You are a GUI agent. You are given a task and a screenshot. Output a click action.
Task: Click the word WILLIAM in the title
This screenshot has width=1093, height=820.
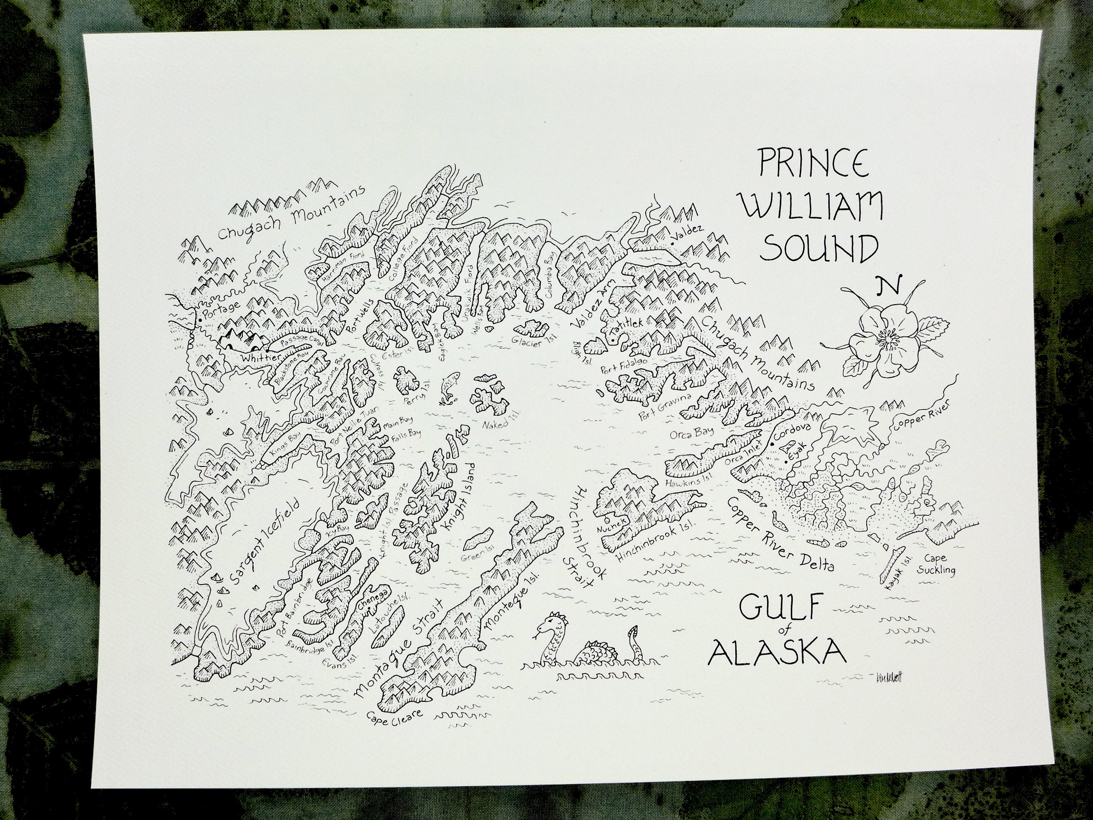[812, 207]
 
